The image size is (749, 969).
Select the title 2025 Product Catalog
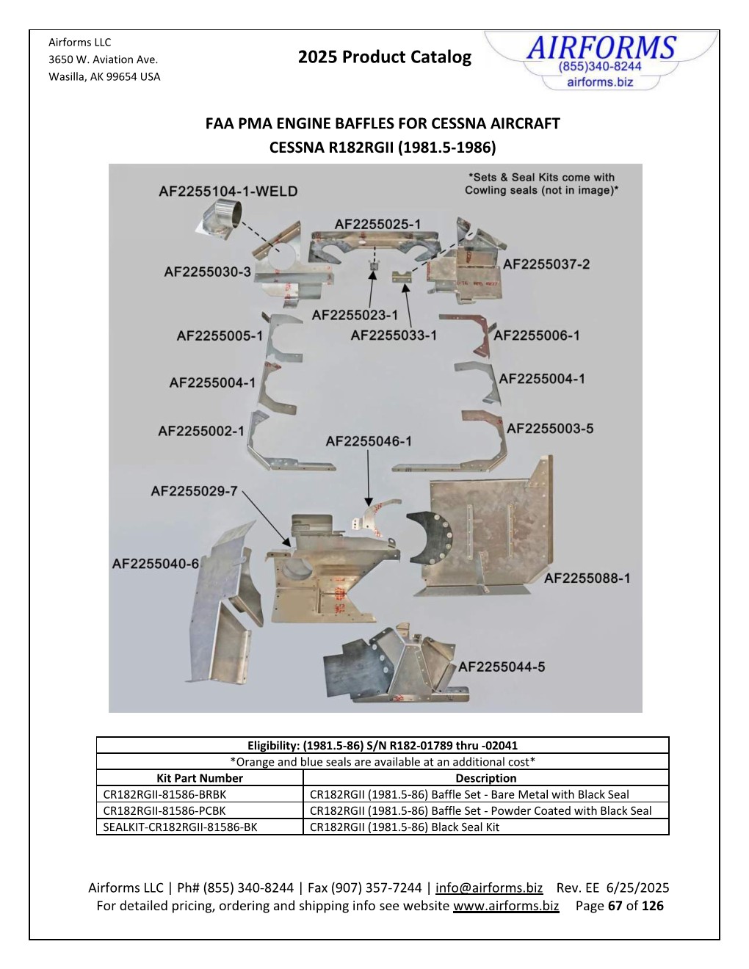click(x=385, y=57)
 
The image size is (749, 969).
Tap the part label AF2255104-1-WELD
click(x=228, y=192)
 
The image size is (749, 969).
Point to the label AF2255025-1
click(x=377, y=225)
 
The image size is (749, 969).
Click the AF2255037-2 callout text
click(x=546, y=264)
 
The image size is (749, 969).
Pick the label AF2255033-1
click(x=394, y=335)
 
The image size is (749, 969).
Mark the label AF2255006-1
click(x=536, y=335)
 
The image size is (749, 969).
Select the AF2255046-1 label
click(x=369, y=441)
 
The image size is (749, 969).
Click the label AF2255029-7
click(x=194, y=491)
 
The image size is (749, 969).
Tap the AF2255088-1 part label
click(x=587, y=578)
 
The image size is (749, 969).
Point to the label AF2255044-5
click(x=502, y=667)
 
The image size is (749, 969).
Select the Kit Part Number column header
click(x=200, y=778)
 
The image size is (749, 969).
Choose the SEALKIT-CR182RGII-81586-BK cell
click(x=180, y=827)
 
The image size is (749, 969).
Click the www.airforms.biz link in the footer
click(x=506, y=906)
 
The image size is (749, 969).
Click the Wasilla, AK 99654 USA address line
click(x=104, y=76)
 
